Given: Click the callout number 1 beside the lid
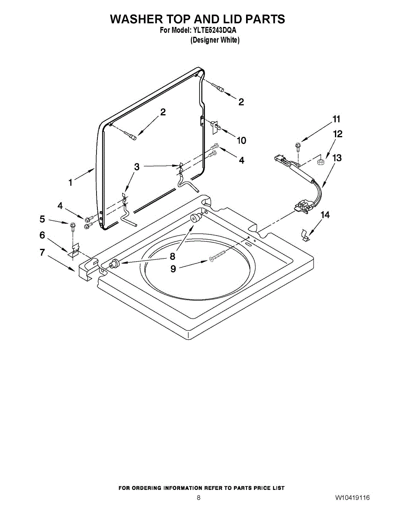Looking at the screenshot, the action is tap(70, 182).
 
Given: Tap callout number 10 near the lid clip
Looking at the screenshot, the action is tap(241, 141).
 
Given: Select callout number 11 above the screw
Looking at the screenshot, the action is tap(336, 119).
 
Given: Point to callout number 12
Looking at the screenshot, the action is tap(337, 134).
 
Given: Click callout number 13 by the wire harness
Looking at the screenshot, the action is tap(337, 158).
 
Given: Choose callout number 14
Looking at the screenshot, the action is tap(325, 215).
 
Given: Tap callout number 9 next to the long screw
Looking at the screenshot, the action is tap(173, 268).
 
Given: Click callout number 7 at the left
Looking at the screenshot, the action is tap(42, 252).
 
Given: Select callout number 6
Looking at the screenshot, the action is tap(42, 235).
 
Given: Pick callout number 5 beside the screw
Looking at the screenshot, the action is tap(42, 219).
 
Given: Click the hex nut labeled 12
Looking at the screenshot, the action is tap(321, 162).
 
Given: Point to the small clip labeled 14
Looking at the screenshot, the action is tap(305, 235).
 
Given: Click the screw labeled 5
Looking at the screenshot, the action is tap(72, 227).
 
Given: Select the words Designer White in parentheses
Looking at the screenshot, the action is tap(215, 40).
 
